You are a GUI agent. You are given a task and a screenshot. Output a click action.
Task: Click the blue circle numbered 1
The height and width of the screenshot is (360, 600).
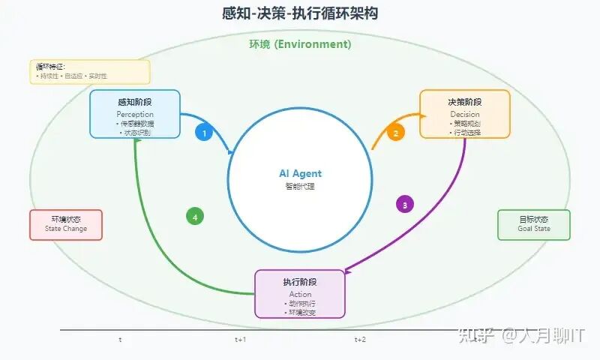203,133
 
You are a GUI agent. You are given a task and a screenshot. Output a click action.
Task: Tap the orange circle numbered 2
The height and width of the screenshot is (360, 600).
395,133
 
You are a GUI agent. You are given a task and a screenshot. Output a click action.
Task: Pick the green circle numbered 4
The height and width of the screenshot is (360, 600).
195,217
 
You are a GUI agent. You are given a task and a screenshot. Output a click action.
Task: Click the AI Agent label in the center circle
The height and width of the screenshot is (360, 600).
300,173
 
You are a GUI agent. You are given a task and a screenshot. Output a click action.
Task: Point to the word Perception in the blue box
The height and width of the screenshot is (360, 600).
135,114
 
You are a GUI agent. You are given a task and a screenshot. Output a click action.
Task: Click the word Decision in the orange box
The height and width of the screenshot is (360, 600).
465,114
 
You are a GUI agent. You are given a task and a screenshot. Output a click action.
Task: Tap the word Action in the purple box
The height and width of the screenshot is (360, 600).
300,294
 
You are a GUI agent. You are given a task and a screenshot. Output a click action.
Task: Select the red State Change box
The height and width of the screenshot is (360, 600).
66,224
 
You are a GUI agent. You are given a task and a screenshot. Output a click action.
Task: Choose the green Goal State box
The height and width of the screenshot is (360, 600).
534,224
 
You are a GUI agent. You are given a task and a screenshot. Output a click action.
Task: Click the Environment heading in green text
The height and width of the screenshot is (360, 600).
300,44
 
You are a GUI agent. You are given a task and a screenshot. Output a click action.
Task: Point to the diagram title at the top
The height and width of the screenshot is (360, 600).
300,13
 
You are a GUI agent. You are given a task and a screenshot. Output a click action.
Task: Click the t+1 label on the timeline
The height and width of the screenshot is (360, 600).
240,340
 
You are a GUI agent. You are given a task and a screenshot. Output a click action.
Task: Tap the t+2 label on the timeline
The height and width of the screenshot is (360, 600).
360,340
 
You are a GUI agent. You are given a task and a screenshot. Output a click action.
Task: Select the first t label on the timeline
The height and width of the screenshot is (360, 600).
120,340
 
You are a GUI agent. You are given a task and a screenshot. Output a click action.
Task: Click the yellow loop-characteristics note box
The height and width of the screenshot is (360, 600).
90,72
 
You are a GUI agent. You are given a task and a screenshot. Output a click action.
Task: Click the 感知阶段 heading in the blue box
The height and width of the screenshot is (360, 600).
135,102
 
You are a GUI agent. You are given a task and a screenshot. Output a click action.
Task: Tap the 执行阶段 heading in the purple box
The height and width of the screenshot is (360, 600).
300,282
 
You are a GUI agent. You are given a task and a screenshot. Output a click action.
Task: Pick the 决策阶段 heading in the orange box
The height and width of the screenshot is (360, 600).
465,102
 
